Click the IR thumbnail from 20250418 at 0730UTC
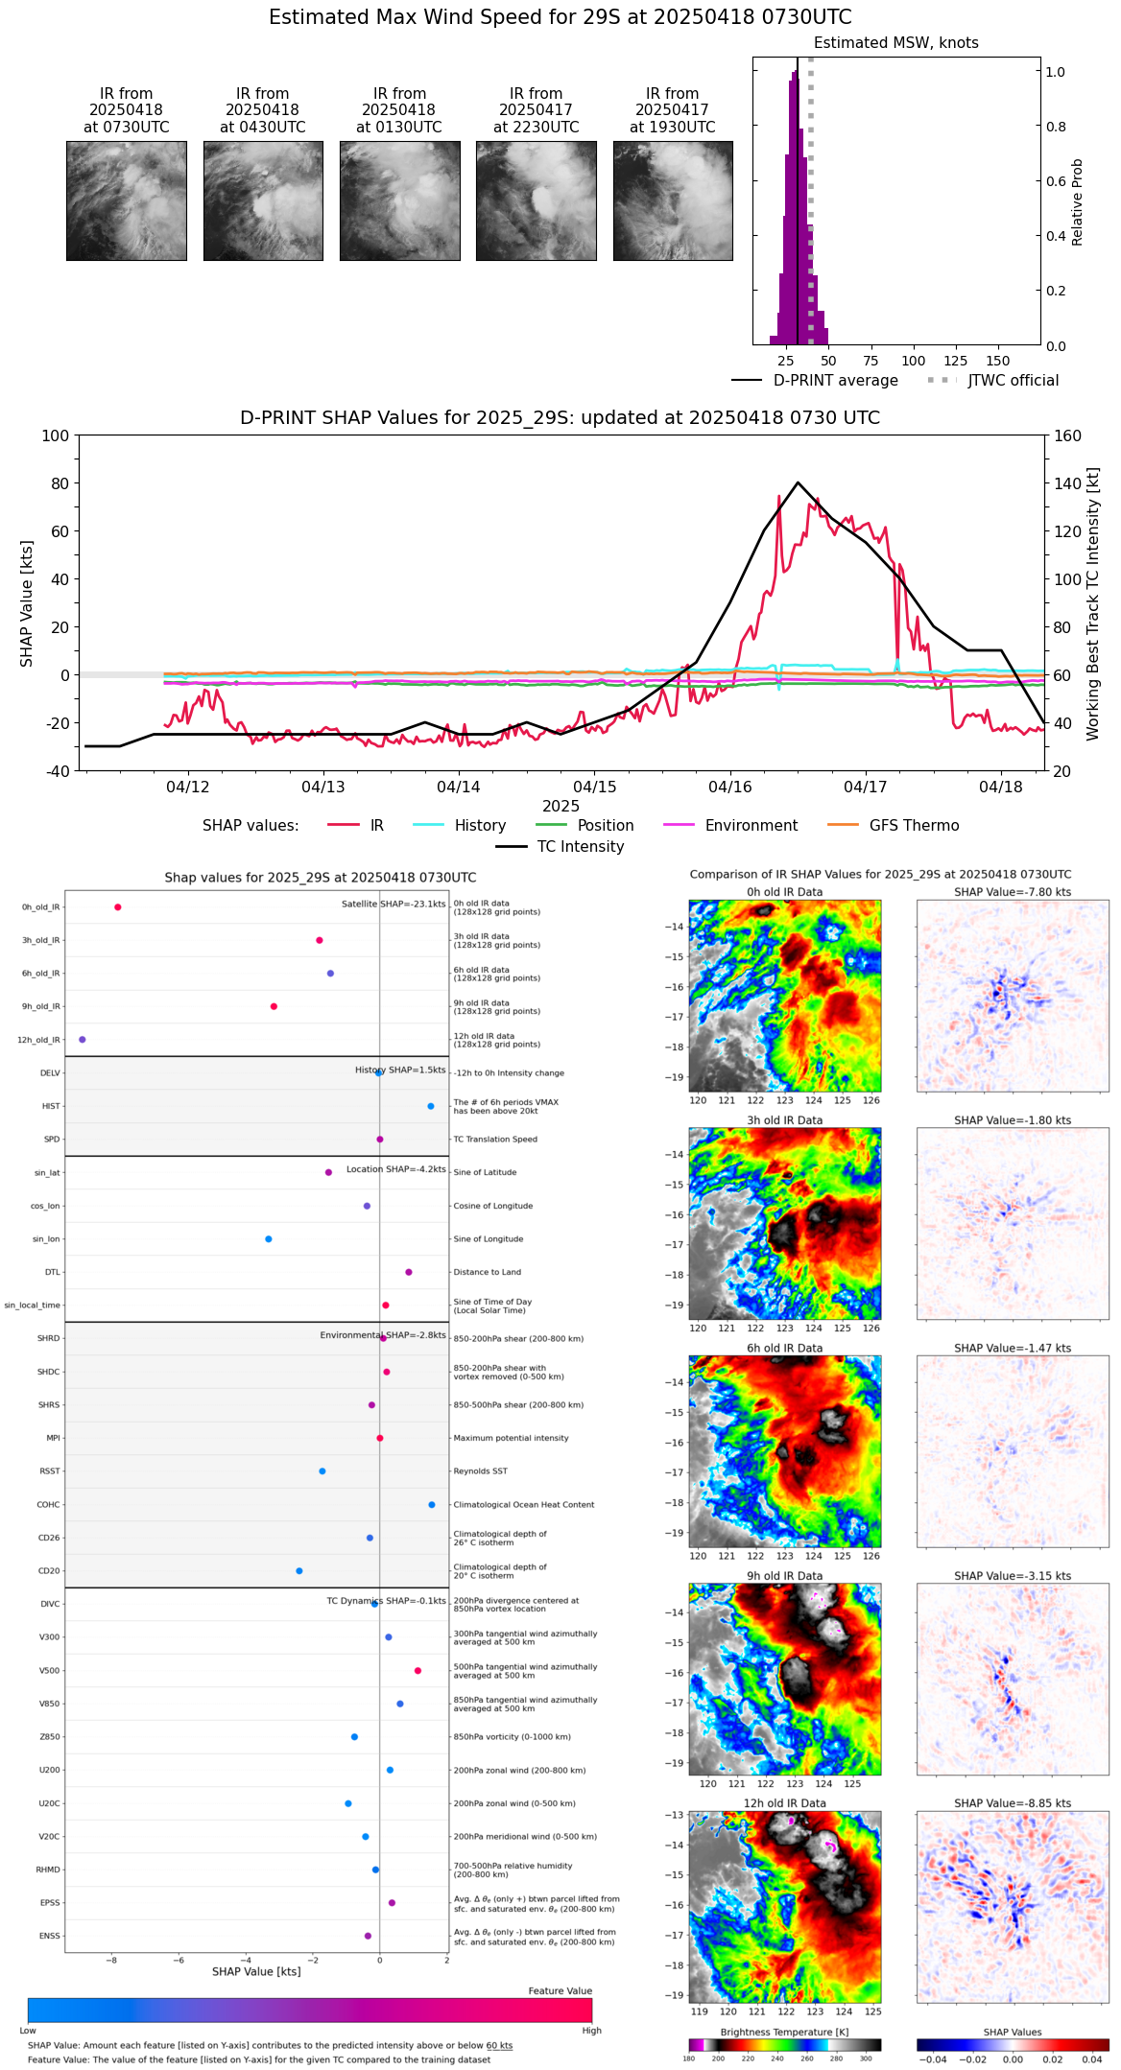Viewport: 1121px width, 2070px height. point(126,200)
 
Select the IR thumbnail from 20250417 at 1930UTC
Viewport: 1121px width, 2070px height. point(672,200)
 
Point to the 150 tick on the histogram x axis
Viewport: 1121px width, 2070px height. point(998,361)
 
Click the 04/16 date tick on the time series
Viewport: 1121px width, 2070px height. point(730,787)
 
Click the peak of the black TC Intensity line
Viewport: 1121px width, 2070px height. point(798,482)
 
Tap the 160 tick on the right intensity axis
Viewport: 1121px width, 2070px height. point(1067,436)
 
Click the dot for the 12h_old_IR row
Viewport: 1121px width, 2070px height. point(83,1039)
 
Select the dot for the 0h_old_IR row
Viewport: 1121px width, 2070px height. point(118,906)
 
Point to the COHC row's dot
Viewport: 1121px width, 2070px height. point(432,1504)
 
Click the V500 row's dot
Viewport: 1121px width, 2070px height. point(417,1670)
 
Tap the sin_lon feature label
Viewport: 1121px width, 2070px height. point(46,1239)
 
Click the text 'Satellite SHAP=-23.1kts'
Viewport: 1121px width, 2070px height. point(394,905)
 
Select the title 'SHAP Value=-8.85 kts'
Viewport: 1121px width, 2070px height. point(1013,1803)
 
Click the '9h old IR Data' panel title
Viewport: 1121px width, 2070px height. point(784,1576)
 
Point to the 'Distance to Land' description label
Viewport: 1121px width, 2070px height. point(488,1272)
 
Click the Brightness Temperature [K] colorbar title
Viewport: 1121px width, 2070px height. point(784,2032)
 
